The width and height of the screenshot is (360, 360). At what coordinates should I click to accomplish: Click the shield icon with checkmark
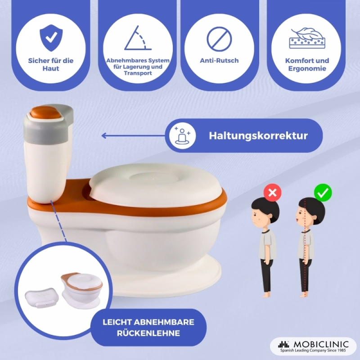point(51,38)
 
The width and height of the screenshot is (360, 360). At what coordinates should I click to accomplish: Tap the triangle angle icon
point(138,38)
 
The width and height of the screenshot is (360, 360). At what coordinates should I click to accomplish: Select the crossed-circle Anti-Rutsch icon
point(219,39)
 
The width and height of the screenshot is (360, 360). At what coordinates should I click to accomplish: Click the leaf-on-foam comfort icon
point(307,38)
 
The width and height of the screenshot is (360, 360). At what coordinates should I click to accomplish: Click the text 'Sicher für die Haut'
point(51,64)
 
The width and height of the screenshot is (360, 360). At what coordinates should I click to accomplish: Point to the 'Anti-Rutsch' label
point(219,61)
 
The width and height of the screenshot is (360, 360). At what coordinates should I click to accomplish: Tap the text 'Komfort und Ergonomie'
point(307,64)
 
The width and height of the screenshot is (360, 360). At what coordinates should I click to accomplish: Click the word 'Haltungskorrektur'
point(258,136)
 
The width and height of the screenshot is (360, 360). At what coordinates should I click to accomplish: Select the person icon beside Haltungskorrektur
point(183,136)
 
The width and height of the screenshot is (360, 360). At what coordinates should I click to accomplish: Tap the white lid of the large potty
point(155,185)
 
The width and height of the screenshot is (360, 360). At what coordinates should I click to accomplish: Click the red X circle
point(273,193)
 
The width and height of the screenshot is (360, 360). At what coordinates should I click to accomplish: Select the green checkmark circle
point(323,193)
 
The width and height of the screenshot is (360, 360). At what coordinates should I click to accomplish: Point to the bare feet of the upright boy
point(304,294)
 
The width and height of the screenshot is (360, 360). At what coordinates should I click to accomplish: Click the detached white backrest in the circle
point(42,297)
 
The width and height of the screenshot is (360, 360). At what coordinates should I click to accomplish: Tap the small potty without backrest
point(81,290)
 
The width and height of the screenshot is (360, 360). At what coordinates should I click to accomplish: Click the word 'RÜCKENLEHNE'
point(148,333)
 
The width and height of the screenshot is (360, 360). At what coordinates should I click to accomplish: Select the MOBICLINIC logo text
point(321,344)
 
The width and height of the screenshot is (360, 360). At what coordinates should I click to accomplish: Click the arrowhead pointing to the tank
point(104,136)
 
